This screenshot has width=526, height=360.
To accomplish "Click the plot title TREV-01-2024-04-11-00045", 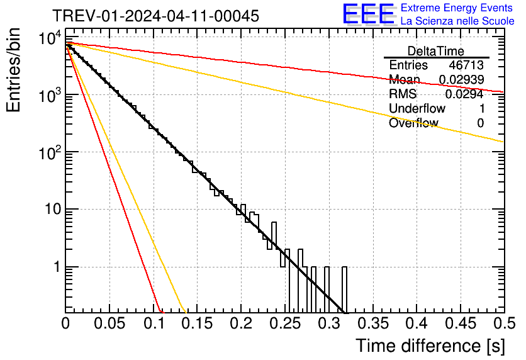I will click(x=155, y=16).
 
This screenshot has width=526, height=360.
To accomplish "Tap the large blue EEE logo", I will click(x=369, y=14).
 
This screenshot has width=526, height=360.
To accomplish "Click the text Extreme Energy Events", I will click(x=457, y=8).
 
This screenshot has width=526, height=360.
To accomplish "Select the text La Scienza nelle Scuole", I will click(x=457, y=21).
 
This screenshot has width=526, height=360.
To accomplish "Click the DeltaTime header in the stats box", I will click(x=435, y=51).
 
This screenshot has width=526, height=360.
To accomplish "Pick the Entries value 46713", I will click(x=466, y=65).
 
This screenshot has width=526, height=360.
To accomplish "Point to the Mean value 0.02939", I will click(x=461, y=80).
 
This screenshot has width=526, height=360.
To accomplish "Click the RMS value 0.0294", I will click(x=464, y=94).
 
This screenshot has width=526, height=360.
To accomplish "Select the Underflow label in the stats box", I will click(x=417, y=109).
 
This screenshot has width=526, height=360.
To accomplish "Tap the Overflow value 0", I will click(x=480, y=123).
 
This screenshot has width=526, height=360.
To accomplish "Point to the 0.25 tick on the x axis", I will click(x=284, y=323).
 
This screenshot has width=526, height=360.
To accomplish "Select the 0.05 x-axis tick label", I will click(x=109, y=323).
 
